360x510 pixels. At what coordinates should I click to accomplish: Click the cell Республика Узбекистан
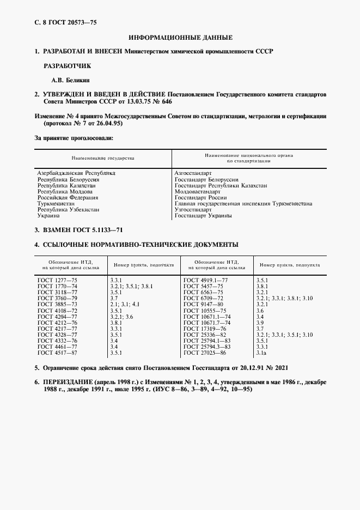[x=68, y=209]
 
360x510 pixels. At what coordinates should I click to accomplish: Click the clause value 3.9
[x=260, y=323]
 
